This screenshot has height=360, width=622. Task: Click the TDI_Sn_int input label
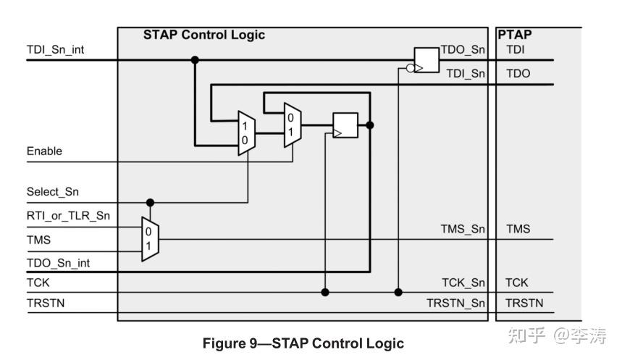(55, 49)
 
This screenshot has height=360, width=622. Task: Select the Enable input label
(44, 151)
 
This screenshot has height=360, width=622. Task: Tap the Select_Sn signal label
(53, 192)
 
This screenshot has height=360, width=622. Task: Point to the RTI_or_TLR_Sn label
(68, 216)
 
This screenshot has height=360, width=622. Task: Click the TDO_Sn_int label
(59, 263)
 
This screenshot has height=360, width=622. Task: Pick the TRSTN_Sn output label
(455, 304)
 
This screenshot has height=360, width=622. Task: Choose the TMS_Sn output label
(463, 229)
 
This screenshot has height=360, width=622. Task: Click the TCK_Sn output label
(463, 282)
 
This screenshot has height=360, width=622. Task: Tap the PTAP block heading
(515, 35)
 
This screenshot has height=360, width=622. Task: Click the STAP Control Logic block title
(204, 35)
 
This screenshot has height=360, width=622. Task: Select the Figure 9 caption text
(303, 343)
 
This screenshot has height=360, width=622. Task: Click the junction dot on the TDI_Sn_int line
(195, 60)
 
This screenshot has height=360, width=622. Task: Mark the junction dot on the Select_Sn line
(150, 202)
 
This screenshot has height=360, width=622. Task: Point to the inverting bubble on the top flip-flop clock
(410, 68)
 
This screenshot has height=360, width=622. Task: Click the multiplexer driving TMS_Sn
(151, 239)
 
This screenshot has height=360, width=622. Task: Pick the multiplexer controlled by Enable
(293, 125)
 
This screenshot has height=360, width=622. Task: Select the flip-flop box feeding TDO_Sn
(426, 60)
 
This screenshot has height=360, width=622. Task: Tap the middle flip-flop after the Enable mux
(345, 125)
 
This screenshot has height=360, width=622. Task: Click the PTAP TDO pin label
(518, 73)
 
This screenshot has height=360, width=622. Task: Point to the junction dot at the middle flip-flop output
(370, 125)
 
